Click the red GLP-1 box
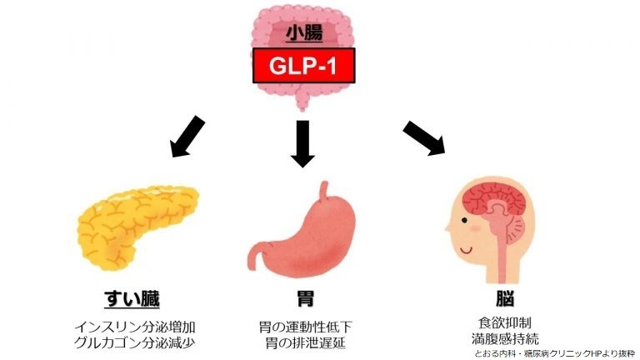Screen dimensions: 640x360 [x=303, y=65]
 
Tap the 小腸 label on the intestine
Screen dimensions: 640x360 [x=304, y=33]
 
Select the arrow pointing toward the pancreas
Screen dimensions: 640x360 [x=187, y=137]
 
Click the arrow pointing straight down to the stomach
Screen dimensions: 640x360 [x=302, y=143]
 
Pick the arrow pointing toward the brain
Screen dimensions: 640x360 [x=424, y=138]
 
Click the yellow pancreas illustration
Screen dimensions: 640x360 [x=137, y=227]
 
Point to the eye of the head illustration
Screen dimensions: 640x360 [x=464, y=220]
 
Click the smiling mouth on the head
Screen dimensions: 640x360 [x=466, y=250]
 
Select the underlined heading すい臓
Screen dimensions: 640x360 [x=132, y=299]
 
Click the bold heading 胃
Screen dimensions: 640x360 [x=305, y=299]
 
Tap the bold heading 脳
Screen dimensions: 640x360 [x=505, y=299]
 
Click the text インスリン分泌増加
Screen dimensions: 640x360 [x=135, y=327]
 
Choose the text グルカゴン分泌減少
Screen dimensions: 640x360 [x=135, y=342]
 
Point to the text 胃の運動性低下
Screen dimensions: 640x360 [x=306, y=327]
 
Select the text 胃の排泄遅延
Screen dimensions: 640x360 [x=306, y=342]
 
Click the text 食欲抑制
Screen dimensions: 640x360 [x=505, y=322]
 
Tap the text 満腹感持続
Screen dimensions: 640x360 [x=505, y=338]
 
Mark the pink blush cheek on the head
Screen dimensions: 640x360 [x=476, y=228]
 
